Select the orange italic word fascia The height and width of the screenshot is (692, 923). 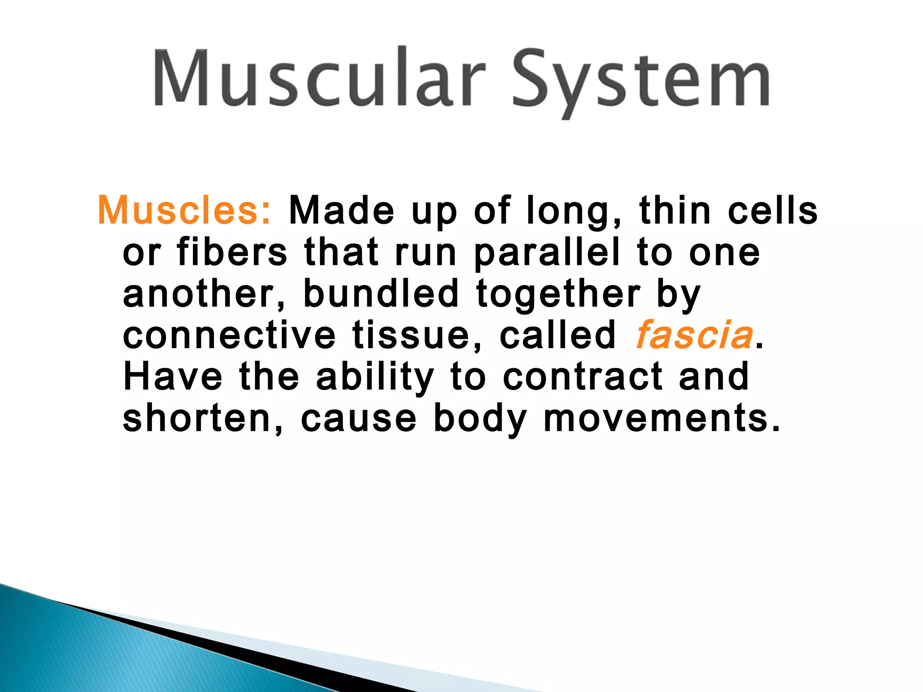[x=694, y=335]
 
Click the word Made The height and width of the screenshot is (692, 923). [x=342, y=210]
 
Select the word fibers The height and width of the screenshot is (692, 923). [x=232, y=252]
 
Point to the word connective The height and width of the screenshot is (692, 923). [x=229, y=335]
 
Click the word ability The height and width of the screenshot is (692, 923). [x=375, y=378]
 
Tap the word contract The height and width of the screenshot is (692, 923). [x=582, y=378]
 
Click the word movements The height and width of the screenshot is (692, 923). [x=661, y=419]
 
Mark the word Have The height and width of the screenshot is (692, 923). [x=173, y=377]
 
